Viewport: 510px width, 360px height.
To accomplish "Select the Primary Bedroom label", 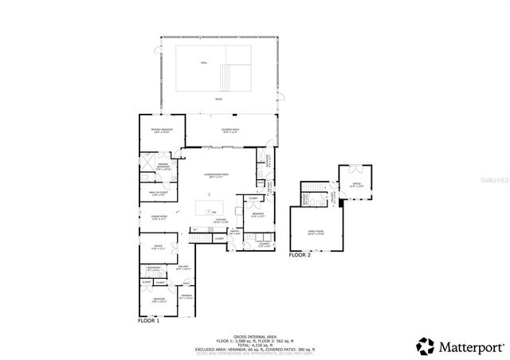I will point(163,131).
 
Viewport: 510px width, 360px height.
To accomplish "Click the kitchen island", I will point(211,208).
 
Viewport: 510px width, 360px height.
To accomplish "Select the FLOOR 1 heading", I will point(149,320).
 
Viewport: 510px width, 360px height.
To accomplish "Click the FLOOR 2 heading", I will point(300,255).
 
